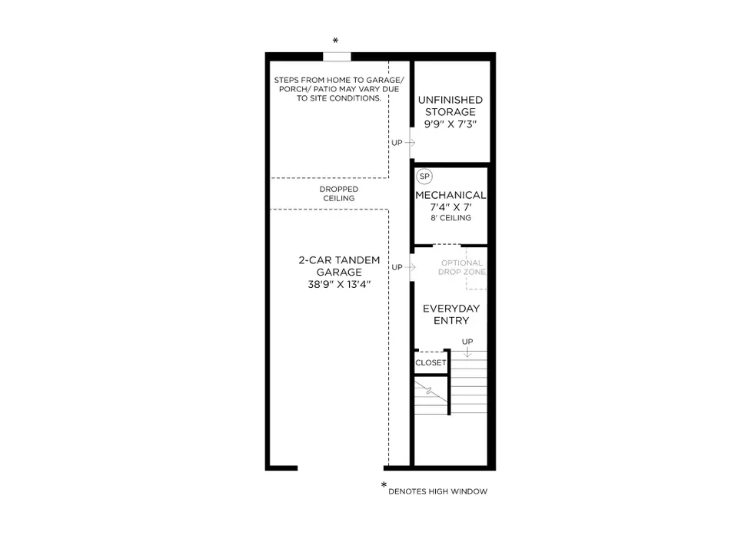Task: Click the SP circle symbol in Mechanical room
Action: pos(424,177)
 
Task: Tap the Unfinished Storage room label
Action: pos(450,106)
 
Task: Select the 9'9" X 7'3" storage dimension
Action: pos(450,124)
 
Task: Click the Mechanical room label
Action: pos(450,195)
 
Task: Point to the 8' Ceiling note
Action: pos(450,218)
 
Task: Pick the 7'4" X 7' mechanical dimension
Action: pos(450,207)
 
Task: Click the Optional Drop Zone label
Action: pos(462,267)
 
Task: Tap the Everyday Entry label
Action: pos(451,315)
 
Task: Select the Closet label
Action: pos(430,363)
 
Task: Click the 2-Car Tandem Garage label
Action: pos(339,266)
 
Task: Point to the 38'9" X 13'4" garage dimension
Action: pos(339,285)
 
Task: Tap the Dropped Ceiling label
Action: pos(339,193)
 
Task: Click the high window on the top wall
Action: pos(337,56)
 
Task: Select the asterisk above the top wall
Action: pos(336,41)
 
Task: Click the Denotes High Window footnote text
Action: pos(437,491)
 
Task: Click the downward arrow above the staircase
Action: pos(467,352)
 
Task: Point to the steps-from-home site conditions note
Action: pos(339,89)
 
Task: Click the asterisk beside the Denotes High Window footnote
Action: pos(384,484)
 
